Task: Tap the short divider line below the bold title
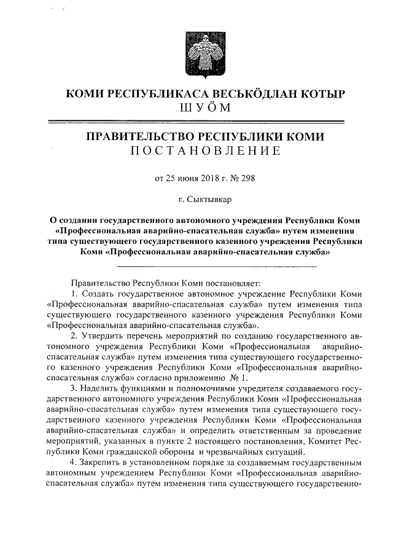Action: pyautogui.click(x=216, y=267)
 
